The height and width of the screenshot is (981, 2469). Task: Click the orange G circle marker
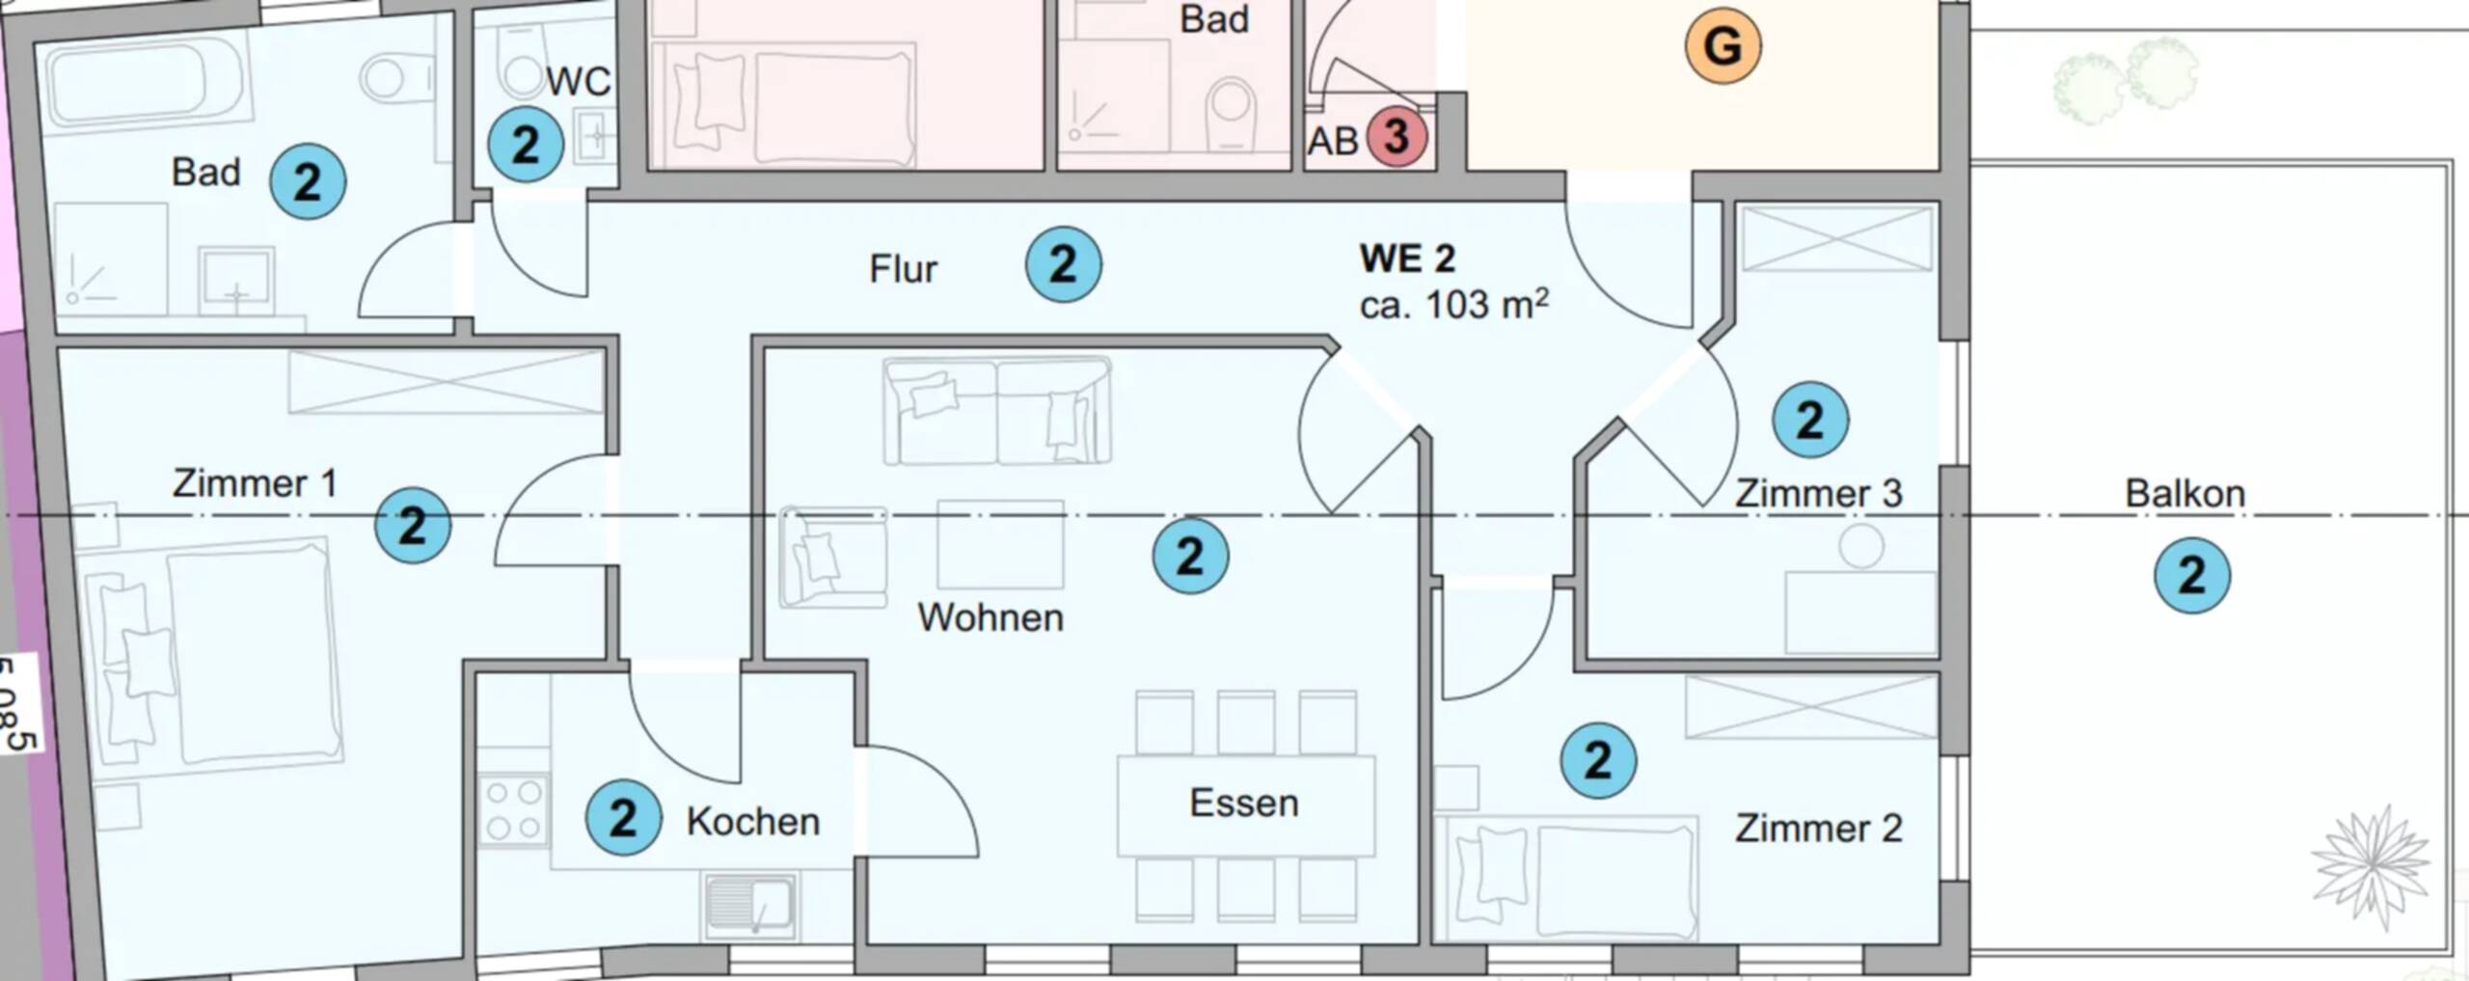pos(1723,45)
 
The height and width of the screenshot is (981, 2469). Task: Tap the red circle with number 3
pos(1397,137)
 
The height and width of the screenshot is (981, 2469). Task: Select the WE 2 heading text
pos(1407,259)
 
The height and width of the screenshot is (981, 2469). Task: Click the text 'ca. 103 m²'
pos(1453,305)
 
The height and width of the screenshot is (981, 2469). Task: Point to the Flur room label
pos(903,269)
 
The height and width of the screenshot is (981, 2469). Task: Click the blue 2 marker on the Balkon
pos(2191,575)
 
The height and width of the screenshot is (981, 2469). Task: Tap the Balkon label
pos(2184,494)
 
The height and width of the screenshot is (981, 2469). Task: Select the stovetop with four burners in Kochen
pos(513,810)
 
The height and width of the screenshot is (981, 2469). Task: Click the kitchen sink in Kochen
pos(749,905)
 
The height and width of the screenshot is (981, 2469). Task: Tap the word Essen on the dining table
pos(1243,804)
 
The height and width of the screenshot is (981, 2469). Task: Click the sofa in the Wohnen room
pos(996,411)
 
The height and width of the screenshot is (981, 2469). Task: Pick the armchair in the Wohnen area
pos(832,558)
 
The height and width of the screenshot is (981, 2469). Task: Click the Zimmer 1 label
pos(255,483)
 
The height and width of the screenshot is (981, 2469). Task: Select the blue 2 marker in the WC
pos(525,145)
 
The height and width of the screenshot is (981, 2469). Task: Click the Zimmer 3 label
pos(1818,494)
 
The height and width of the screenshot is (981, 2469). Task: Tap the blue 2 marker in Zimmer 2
pos(1597,760)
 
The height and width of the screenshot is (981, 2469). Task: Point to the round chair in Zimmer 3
pos(1860,546)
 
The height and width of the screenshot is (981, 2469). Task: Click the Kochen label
pos(752,822)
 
